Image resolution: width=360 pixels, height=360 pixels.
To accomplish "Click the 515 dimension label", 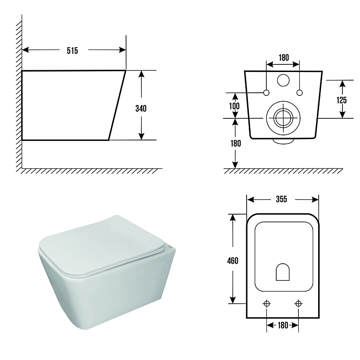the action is [72, 50].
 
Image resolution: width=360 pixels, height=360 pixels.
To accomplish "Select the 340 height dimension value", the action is [141, 108].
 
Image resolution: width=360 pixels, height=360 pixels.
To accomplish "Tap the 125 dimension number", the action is [342, 100].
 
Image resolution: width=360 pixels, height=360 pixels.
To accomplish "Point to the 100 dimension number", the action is [234, 106].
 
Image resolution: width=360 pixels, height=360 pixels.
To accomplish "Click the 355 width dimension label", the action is [282, 199].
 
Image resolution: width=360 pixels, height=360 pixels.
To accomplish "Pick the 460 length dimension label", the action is [233, 261].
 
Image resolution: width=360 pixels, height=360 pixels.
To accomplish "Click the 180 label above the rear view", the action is [284, 58].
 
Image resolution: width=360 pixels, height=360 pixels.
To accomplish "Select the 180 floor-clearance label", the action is [236, 144].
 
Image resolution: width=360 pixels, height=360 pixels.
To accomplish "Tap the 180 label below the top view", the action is [283, 325].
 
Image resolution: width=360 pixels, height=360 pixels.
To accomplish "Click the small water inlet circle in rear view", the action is [283, 80].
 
